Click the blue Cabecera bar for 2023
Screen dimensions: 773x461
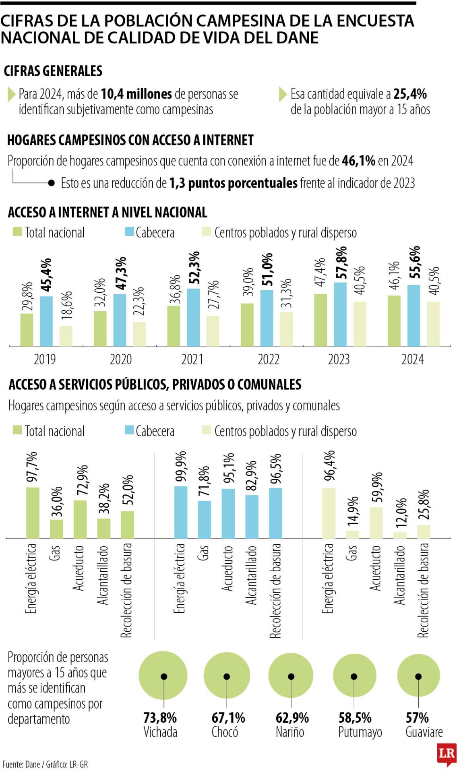coord(340,314)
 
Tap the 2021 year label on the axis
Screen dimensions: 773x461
coord(192,360)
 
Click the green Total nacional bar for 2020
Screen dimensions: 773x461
coord(100,329)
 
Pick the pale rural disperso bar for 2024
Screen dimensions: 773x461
coord(433,324)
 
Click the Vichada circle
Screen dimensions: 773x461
coord(163,676)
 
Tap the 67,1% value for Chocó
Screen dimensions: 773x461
coord(228,717)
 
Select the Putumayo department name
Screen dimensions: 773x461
coord(360,732)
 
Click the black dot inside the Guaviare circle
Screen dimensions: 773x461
coord(418,676)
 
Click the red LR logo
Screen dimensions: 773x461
coord(447,753)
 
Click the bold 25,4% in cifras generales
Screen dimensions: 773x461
coord(410,94)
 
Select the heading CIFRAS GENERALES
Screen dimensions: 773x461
coord(53,71)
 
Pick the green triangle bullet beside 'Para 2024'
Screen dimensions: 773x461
coord(11,94)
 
